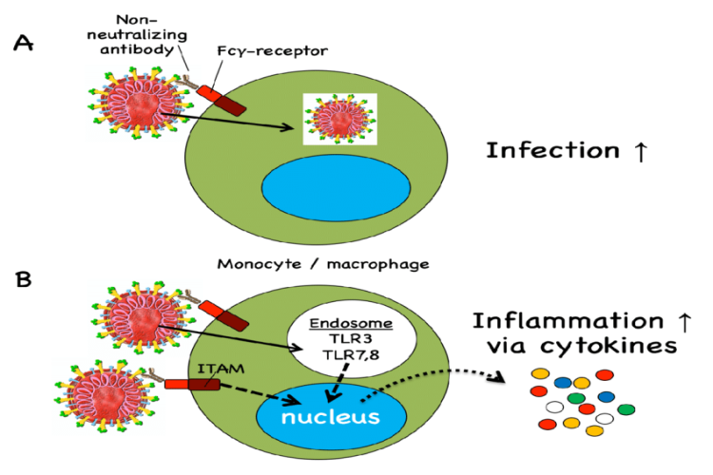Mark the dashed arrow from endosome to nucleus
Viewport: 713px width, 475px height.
tap(336, 388)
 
